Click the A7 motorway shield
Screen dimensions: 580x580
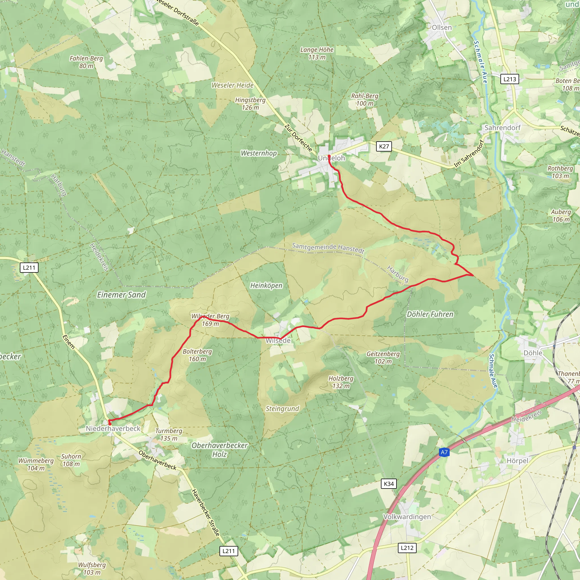pyautogui.click(x=444, y=452)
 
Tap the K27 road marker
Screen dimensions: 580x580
pyautogui.click(x=384, y=146)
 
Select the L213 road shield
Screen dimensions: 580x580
pyautogui.click(x=509, y=79)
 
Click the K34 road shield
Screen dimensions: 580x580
pyautogui.click(x=389, y=484)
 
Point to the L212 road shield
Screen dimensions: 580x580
pyautogui.click(x=407, y=548)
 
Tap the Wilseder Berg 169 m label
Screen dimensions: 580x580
pyautogui.click(x=210, y=320)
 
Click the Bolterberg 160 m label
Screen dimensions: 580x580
pyautogui.click(x=197, y=355)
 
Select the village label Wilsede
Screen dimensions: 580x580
pyautogui.click(x=278, y=340)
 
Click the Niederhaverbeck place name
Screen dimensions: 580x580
pyautogui.click(x=113, y=428)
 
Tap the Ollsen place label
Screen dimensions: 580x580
pyautogui.click(x=442, y=27)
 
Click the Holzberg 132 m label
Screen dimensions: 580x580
pyautogui.click(x=341, y=382)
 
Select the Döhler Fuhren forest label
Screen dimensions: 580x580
pyautogui.click(x=430, y=314)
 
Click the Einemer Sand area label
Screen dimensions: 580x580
pyautogui.click(x=121, y=295)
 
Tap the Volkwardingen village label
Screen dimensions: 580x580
pyautogui.click(x=407, y=517)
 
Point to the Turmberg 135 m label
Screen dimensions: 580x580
pyautogui.click(x=169, y=434)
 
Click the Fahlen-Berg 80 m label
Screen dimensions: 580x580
pyautogui.click(x=86, y=62)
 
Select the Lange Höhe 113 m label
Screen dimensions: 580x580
pyautogui.click(x=317, y=53)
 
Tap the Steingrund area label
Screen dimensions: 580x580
pyautogui.click(x=282, y=409)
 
